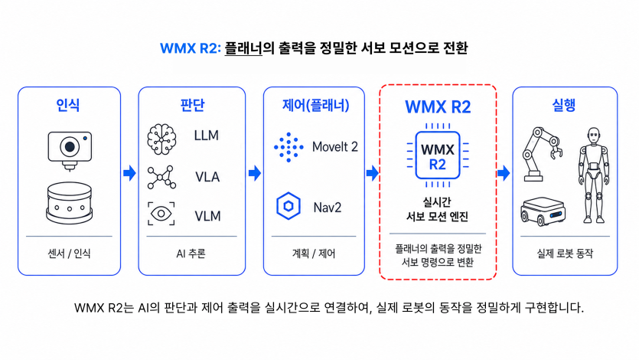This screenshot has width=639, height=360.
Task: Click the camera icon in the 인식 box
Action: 70,150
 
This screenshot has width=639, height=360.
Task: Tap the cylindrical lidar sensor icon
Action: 70,203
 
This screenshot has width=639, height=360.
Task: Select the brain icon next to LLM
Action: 161,139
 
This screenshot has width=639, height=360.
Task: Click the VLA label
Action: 207,177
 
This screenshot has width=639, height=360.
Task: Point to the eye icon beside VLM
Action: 161,214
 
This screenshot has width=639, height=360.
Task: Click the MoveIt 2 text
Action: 334,146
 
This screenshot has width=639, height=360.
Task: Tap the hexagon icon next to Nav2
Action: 288,206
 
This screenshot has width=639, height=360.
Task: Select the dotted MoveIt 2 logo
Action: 289,147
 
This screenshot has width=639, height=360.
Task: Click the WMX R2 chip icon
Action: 438,155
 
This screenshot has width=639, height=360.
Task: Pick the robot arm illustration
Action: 542,154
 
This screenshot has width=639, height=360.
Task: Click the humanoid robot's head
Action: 594,136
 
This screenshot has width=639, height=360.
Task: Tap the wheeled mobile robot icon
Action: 543,211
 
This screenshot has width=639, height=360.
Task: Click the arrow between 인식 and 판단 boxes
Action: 129,173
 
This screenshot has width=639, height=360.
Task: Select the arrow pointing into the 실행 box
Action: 504,173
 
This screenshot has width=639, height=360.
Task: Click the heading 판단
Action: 192,105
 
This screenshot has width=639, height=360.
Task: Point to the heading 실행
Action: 563,105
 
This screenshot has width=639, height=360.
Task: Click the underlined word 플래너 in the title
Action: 243,48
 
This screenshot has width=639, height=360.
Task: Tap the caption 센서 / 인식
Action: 69,254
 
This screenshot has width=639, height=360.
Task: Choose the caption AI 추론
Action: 191,254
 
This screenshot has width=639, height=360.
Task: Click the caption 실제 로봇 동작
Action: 565,254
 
